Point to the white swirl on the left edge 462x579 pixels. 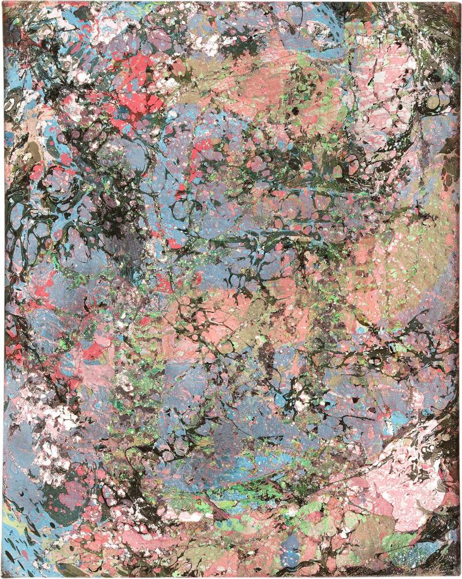pos(13,104)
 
